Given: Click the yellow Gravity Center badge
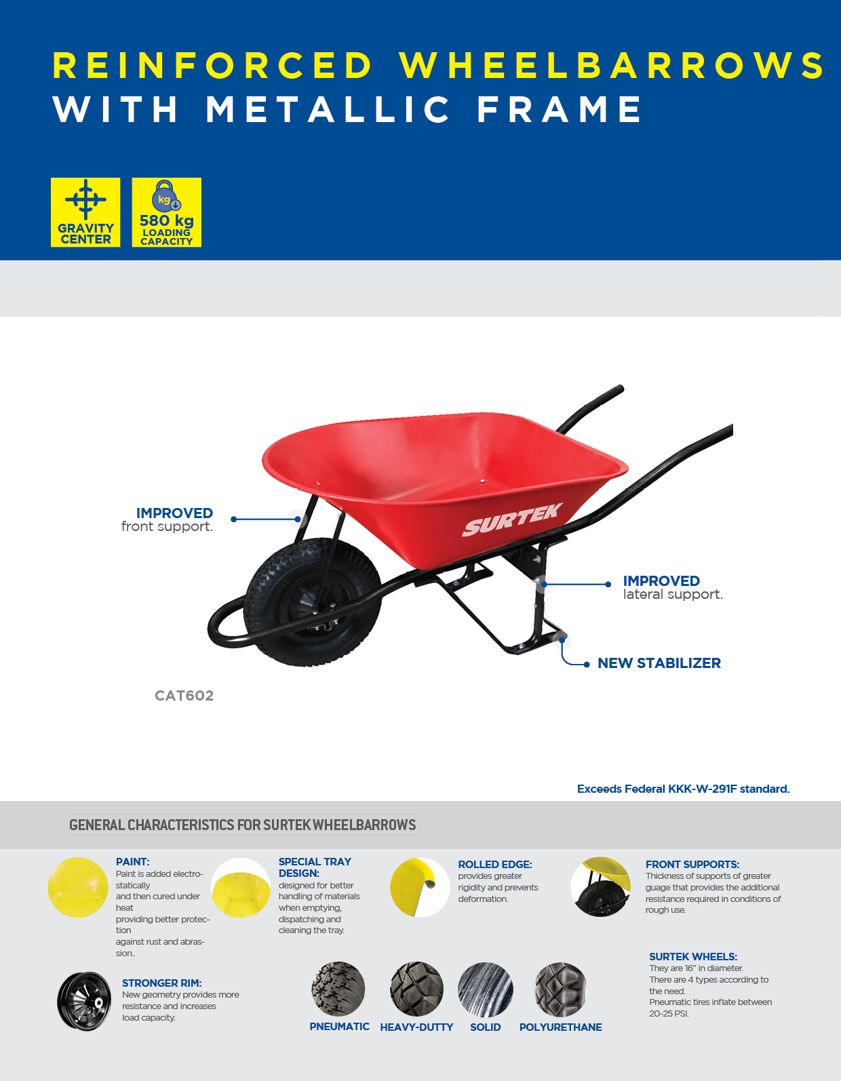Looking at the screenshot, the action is (x=85, y=212).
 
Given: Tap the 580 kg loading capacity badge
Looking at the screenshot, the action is (x=167, y=212).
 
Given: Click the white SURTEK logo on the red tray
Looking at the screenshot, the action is (x=512, y=520).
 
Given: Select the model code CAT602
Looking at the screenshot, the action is (x=184, y=696).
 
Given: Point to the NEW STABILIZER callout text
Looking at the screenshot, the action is (x=659, y=663).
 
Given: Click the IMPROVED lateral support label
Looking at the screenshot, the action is (x=673, y=587).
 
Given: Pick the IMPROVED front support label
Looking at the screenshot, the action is (x=167, y=520).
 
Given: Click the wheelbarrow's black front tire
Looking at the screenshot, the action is (x=313, y=602).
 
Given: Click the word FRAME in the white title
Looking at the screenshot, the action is (x=560, y=109).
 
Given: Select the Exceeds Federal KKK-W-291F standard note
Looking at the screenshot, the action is (x=684, y=789).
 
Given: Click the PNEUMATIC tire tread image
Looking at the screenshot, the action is (x=338, y=989).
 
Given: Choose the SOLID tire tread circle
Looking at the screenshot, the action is (x=486, y=989).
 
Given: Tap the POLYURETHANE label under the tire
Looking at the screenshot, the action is (x=560, y=1027).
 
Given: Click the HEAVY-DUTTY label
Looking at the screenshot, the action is (x=417, y=1027).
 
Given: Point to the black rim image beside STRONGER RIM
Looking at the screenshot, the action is (x=84, y=1001).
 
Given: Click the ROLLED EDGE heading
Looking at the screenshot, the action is (x=495, y=865).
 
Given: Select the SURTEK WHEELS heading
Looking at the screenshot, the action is (x=692, y=957).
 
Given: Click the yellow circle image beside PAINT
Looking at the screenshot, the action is (x=78, y=888).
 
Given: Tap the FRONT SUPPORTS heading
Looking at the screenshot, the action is (x=692, y=865).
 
